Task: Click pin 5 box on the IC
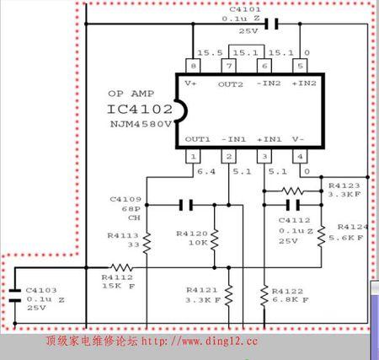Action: [x=298, y=66]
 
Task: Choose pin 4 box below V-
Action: [x=298, y=157]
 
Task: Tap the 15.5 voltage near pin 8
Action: [x=200, y=52]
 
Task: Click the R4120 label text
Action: [x=191, y=233]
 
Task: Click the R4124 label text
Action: [x=354, y=228]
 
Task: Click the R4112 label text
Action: [x=117, y=276]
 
